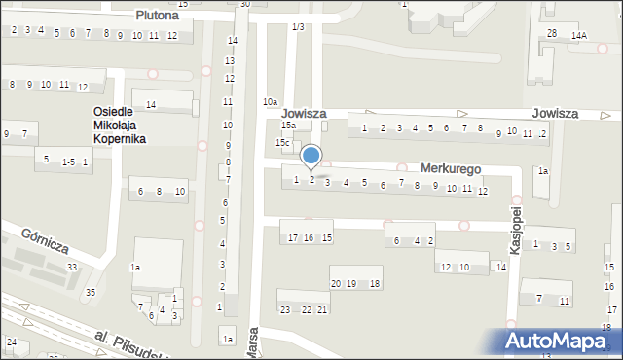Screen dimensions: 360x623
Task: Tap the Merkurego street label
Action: [450, 168]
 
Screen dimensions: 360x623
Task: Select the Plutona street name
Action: [157, 16]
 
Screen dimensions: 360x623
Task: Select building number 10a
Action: [270, 102]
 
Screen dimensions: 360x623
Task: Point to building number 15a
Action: [288, 126]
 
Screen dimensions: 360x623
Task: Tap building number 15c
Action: [282, 143]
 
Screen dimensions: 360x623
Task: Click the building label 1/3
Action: [298, 26]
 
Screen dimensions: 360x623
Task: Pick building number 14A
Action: [579, 35]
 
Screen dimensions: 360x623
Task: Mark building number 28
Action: [552, 34]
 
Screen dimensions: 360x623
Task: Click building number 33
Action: [71, 267]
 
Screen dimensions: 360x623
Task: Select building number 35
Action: [91, 292]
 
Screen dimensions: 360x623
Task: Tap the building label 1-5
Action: [67, 161]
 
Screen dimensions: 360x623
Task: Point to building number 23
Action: [285, 309]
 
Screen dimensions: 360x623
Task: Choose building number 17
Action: [292, 238]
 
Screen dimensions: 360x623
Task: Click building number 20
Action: [336, 283]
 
